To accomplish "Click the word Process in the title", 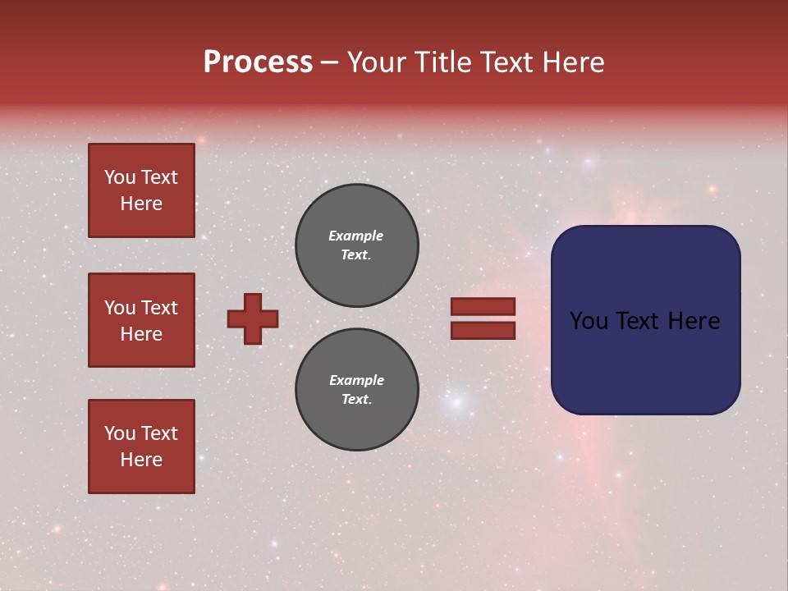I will [258, 62].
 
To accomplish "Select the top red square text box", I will [141, 190].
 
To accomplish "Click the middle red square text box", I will [141, 320].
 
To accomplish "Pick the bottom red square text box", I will [141, 447].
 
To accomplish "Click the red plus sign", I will [253, 318].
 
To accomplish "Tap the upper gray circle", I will [357, 245].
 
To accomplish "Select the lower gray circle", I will [357, 390].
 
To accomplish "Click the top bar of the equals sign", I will [483, 307].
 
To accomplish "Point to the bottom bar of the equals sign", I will [483, 331].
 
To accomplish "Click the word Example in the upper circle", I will [355, 236].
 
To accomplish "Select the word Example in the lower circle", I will [356, 380].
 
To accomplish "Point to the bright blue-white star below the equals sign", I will [458, 403].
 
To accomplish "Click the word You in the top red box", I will [119, 177].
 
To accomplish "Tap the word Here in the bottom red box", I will [141, 460].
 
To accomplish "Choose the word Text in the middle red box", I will [159, 308].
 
